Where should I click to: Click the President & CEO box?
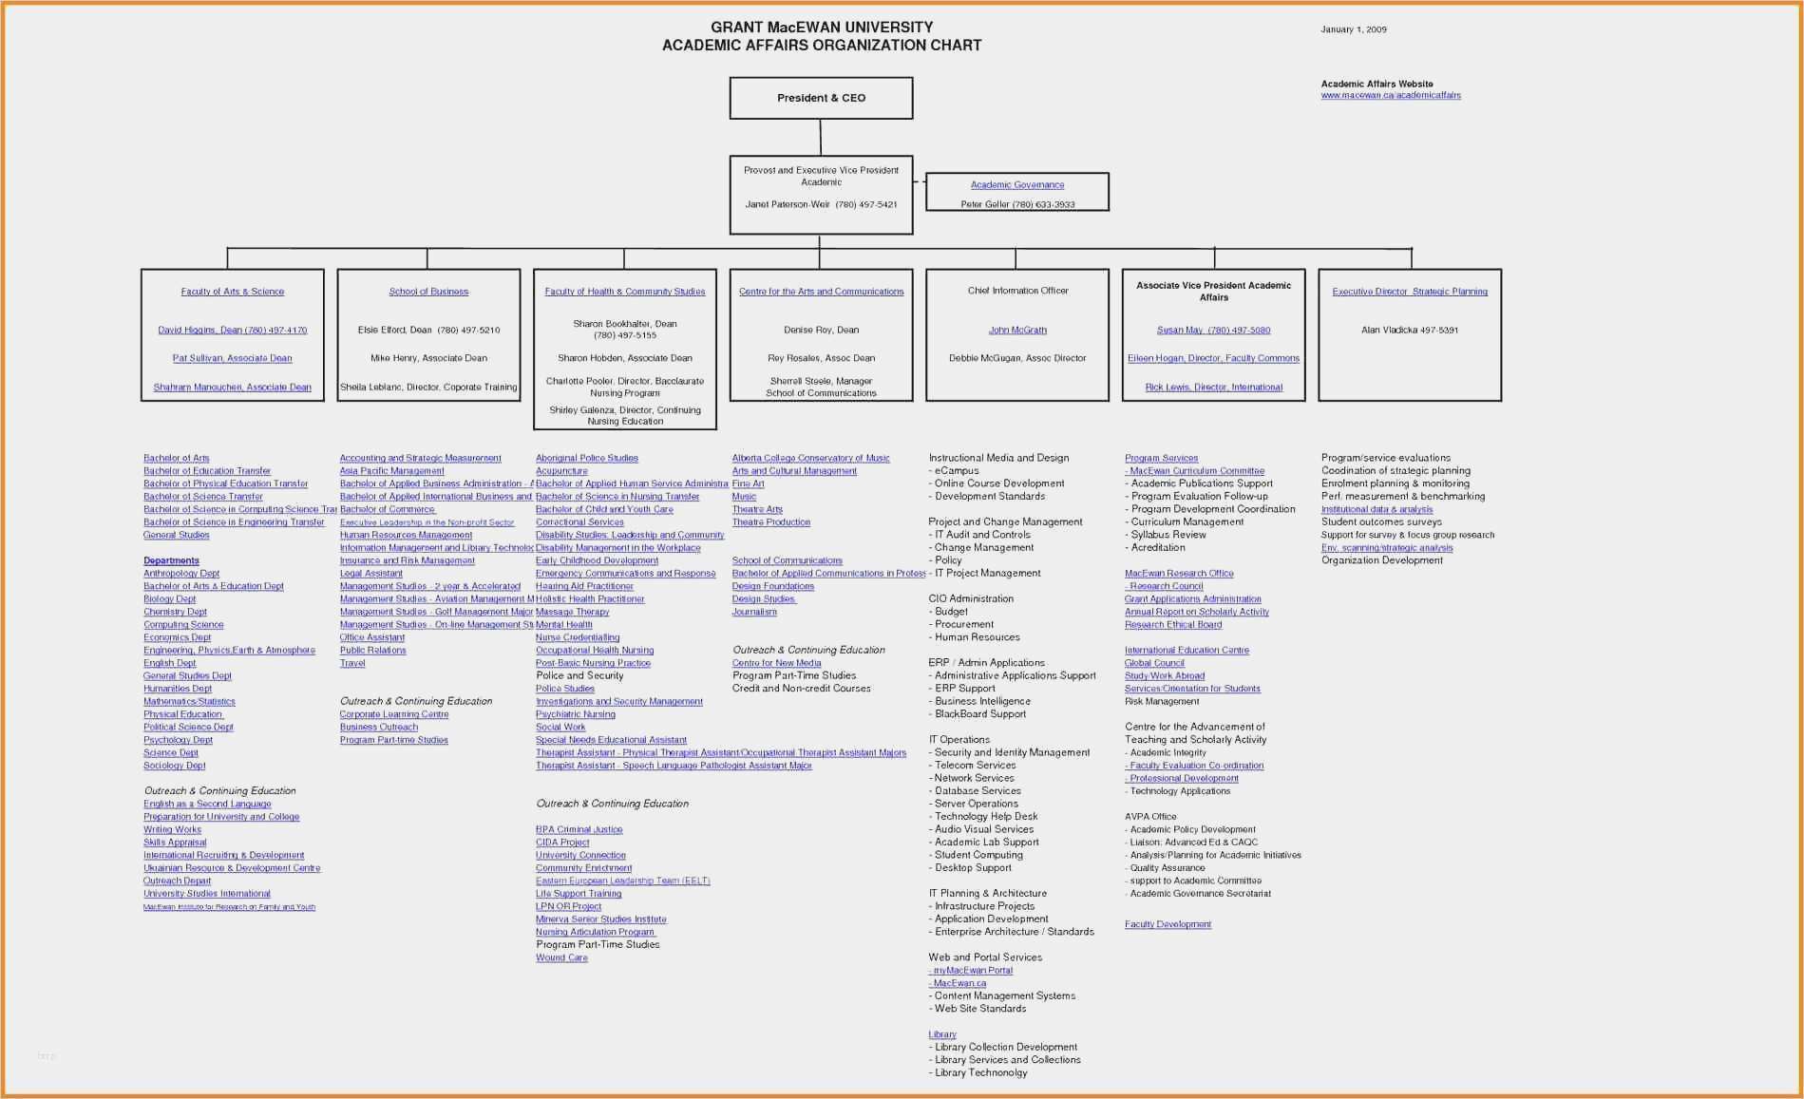click(x=821, y=98)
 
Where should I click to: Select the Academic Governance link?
click(x=1016, y=184)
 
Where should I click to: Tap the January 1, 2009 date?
click(x=1353, y=29)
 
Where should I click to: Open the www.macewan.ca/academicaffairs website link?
click(x=1390, y=95)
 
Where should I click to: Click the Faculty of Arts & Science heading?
click(x=232, y=292)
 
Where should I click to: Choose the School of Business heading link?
click(x=428, y=292)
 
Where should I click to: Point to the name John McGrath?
click(x=1016, y=331)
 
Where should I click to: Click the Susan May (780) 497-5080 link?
click(x=1212, y=331)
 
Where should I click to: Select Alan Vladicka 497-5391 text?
click(x=1409, y=331)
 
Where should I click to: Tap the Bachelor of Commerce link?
click(x=387, y=509)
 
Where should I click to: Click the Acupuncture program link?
click(x=561, y=471)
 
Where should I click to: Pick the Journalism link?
click(x=754, y=612)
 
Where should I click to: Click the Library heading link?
click(x=941, y=1034)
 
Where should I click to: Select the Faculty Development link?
click(x=1168, y=924)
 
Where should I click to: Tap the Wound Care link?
click(x=561, y=957)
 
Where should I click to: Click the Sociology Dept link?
click(x=174, y=766)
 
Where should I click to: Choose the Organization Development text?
click(x=1381, y=560)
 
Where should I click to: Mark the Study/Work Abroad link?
click(x=1164, y=676)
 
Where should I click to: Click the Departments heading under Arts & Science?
click(x=171, y=560)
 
